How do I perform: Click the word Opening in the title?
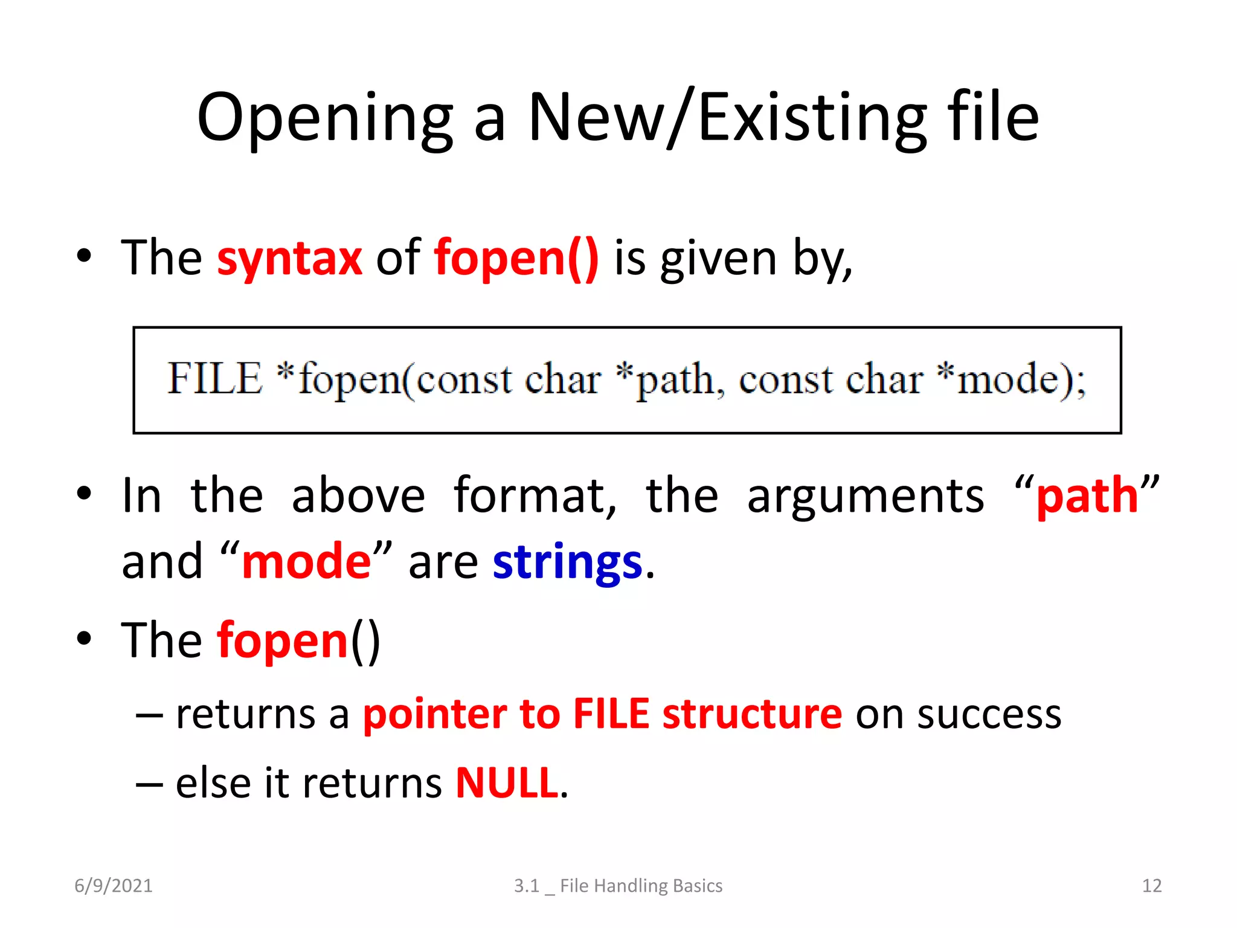point(325,118)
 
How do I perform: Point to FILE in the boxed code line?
point(214,379)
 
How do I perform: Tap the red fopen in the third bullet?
point(283,641)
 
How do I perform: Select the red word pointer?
point(434,714)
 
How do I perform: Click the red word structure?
point(752,714)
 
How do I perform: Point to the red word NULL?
point(507,783)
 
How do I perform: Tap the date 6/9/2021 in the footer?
point(114,886)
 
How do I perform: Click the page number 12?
point(1151,886)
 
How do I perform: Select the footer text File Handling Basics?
point(641,886)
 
